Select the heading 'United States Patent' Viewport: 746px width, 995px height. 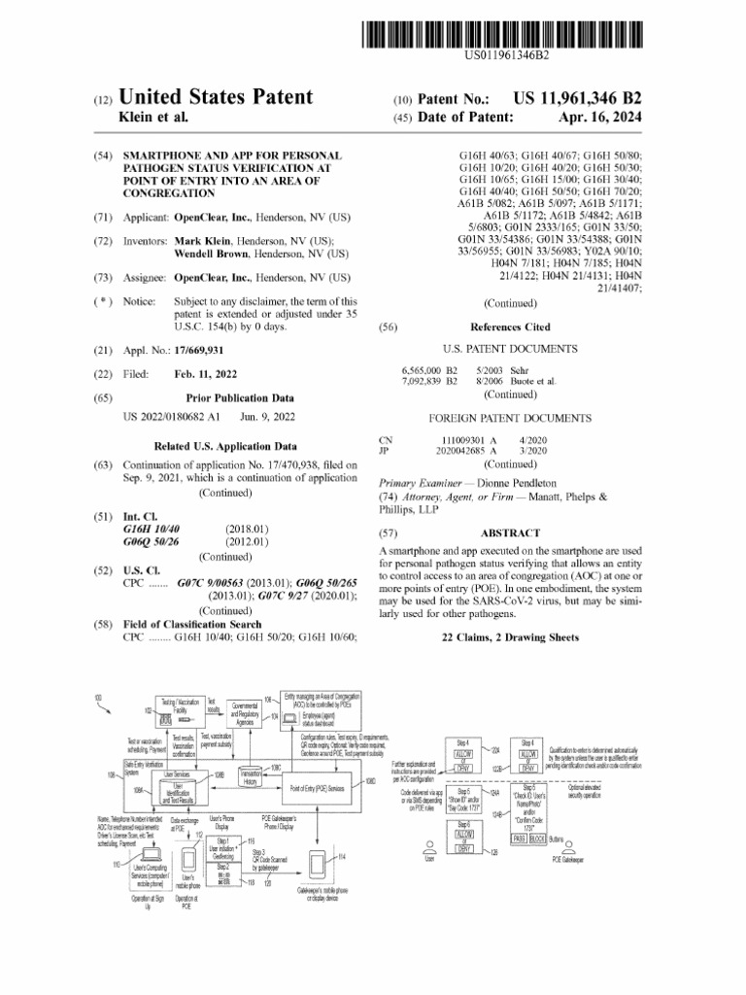pyautogui.click(x=215, y=97)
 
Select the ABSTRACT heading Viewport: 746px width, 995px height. pyautogui.click(x=509, y=533)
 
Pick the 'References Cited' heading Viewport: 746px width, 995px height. pyautogui.click(x=509, y=327)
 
